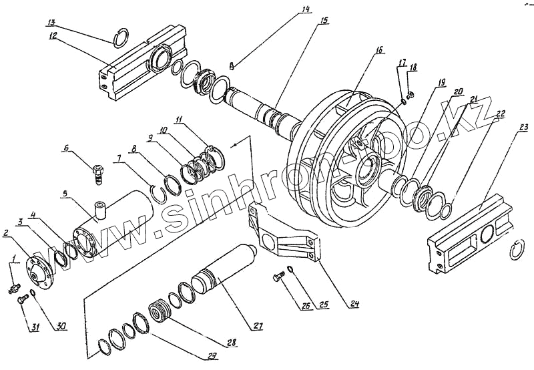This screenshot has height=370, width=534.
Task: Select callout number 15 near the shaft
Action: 324,21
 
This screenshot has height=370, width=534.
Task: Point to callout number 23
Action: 524,127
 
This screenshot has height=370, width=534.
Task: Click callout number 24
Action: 354,305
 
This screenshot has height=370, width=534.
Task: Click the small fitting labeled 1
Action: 13,288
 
